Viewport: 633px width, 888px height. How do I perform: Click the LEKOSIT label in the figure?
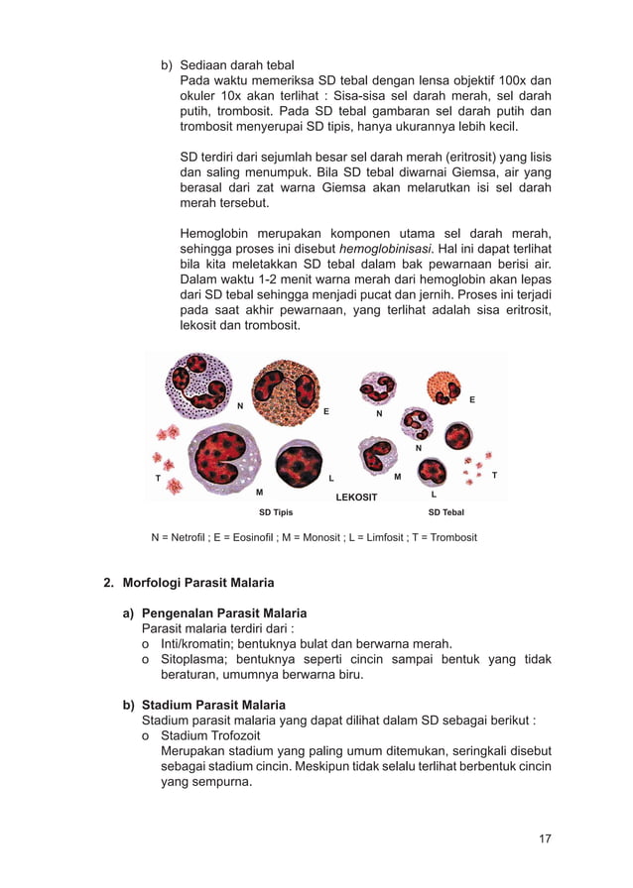(x=356, y=497)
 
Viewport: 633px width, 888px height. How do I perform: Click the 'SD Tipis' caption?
(x=276, y=512)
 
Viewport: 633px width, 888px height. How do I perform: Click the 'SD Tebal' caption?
(x=445, y=512)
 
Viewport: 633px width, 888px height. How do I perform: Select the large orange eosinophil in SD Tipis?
(x=286, y=392)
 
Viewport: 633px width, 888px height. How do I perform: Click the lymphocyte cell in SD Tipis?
(x=299, y=463)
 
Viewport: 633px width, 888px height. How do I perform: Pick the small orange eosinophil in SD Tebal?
(x=443, y=388)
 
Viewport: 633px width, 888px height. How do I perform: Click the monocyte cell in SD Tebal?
(x=377, y=454)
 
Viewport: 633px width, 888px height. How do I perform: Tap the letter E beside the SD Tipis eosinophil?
(x=325, y=410)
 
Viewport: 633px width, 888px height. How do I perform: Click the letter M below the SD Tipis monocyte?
(x=260, y=492)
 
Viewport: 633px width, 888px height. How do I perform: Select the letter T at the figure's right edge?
(x=494, y=476)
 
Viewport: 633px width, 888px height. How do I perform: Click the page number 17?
(x=545, y=838)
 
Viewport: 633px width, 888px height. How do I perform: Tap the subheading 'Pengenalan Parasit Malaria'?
(x=224, y=612)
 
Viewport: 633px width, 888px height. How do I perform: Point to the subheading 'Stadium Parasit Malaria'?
(x=214, y=705)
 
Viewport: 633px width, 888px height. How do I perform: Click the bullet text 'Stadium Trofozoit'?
(x=212, y=735)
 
